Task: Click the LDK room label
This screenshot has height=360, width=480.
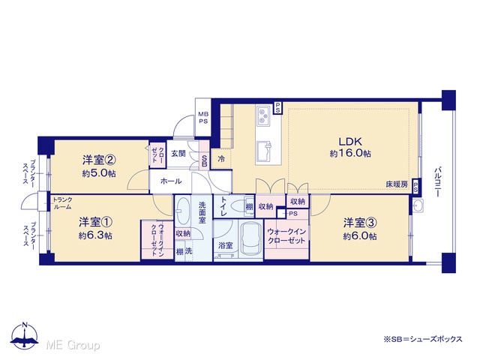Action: (x=350, y=142)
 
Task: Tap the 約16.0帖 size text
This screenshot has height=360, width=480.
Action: (x=350, y=153)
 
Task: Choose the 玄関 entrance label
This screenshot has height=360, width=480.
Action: (x=178, y=153)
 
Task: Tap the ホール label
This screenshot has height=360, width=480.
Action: (x=171, y=181)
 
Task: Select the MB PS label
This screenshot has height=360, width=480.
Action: (x=203, y=117)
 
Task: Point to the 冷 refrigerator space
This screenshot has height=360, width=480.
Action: (x=221, y=159)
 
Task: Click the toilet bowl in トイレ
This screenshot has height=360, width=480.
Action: (x=238, y=206)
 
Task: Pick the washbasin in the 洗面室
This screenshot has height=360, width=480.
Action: (x=183, y=211)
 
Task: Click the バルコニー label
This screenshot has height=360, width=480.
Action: (x=438, y=181)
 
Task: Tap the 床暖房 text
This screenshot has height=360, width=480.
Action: (x=397, y=184)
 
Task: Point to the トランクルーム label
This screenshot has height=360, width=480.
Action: (x=62, y=203)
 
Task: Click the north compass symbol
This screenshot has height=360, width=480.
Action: (x=25, y=335)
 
